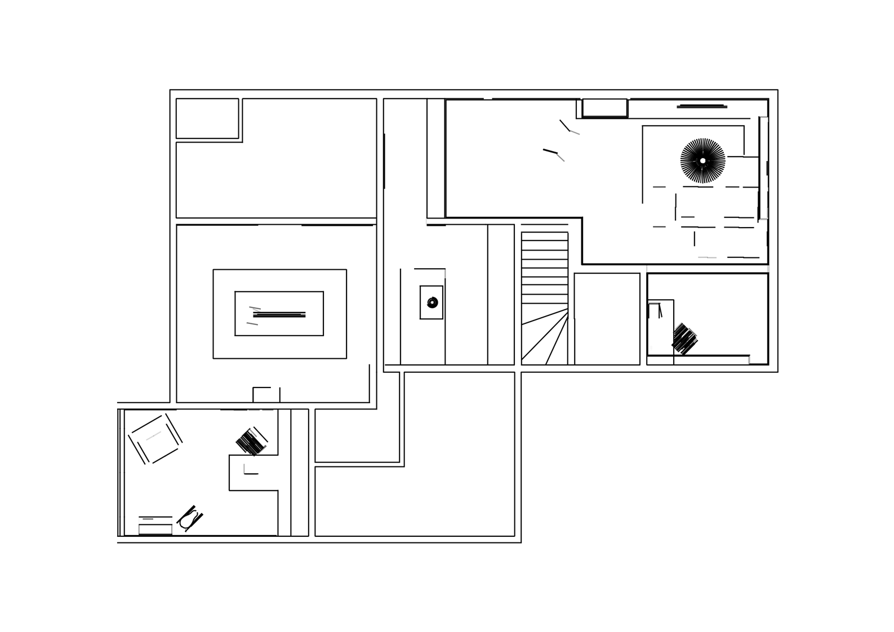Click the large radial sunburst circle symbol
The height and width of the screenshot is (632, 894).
pyautogui.click(x=702, y=161)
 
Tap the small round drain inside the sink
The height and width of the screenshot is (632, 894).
pyautogui.click(x=432, y=302)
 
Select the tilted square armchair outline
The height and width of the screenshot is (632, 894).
pyautogui.click(x=155, y=439)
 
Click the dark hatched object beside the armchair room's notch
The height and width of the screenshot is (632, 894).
pyautogui.click(x=251, y=442)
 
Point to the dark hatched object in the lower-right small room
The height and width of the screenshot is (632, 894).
pyautogui.click(x=684, y=339)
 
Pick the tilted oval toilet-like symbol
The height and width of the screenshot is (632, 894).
pyautogui.click(x=189, y=518)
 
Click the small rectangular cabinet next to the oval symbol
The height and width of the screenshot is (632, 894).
pyautogui.click(x=155, y=529)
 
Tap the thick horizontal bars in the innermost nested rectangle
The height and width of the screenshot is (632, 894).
pyautogui.click(x=279, y=314)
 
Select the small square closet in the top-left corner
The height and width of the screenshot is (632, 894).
pyautogui.click(x=207, y=118)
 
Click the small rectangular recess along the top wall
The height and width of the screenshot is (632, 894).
pyautogui.click(x=604, y=108)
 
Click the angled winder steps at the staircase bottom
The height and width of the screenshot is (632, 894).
pyautogui.click(x=543, y=338)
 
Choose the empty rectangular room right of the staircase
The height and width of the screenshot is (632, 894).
pyautogui.click(x=607, y=319)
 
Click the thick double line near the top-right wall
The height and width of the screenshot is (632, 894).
pyautogui.click(x=702, y=106)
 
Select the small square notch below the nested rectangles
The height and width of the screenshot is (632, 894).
pyautogui.click(x=266, y=395)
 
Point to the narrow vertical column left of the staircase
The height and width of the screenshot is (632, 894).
pyautogui.click(x=500, y=295)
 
